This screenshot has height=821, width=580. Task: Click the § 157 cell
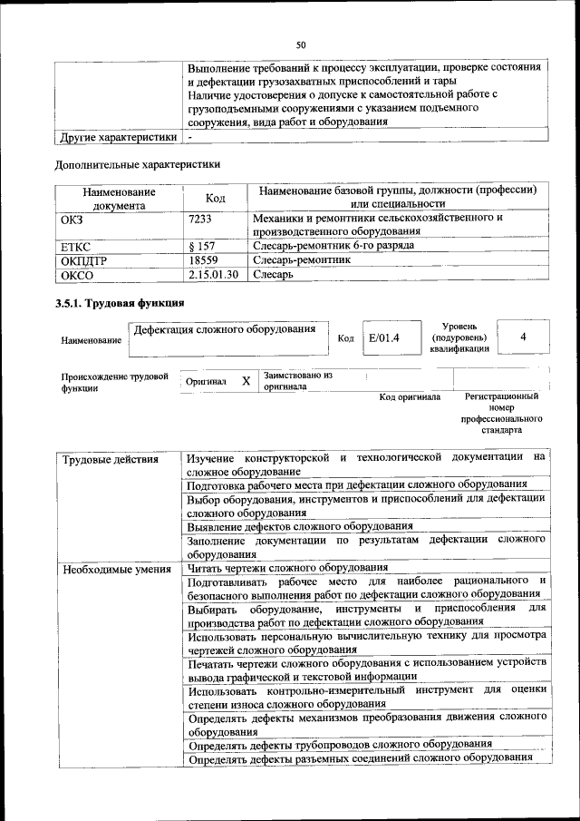(202, 246)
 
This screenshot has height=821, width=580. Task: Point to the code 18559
(204, 259)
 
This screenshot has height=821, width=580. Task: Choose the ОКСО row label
(76, 273)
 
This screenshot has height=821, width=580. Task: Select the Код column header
(216, 198)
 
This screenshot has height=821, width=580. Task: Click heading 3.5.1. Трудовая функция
(120, 303)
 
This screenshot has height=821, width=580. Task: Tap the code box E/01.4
(383, 337)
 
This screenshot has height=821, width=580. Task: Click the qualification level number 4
(523, 337)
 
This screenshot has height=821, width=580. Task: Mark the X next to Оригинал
(246, 382)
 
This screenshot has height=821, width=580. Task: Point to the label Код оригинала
(410, 396)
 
